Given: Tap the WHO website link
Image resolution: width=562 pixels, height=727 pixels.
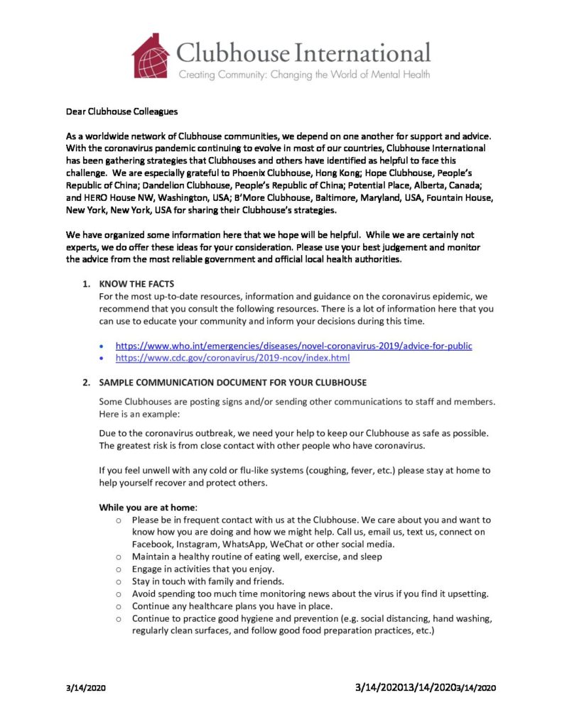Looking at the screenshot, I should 293,346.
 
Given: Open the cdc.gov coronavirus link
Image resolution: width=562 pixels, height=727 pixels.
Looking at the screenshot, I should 232,359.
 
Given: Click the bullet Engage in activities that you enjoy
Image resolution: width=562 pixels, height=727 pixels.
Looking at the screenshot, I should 202,569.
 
